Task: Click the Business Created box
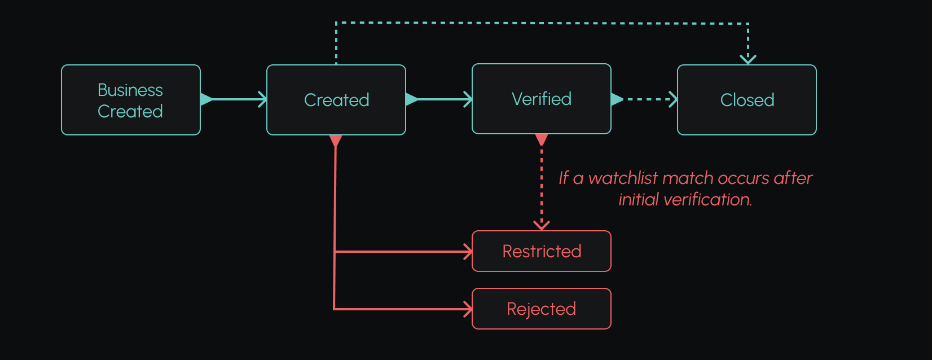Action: pos(130,100)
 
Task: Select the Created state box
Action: pos(336,100)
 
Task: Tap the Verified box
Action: pos(541,99)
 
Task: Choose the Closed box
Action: pos(746,100)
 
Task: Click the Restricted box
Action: pos(541,251)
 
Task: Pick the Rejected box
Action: pos(541,309)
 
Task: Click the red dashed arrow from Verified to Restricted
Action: pos(542,186)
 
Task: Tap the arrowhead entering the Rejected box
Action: pos(468,309)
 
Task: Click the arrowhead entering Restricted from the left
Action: pos(468,252)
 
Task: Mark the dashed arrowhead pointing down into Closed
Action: pos(748,59)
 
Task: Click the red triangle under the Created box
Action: pos(336,141)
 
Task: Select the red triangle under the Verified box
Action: pos(542,139)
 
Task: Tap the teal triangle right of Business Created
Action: pos(206,99)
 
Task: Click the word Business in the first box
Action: pos(130,90)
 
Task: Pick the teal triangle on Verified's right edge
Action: pos(617,99)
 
